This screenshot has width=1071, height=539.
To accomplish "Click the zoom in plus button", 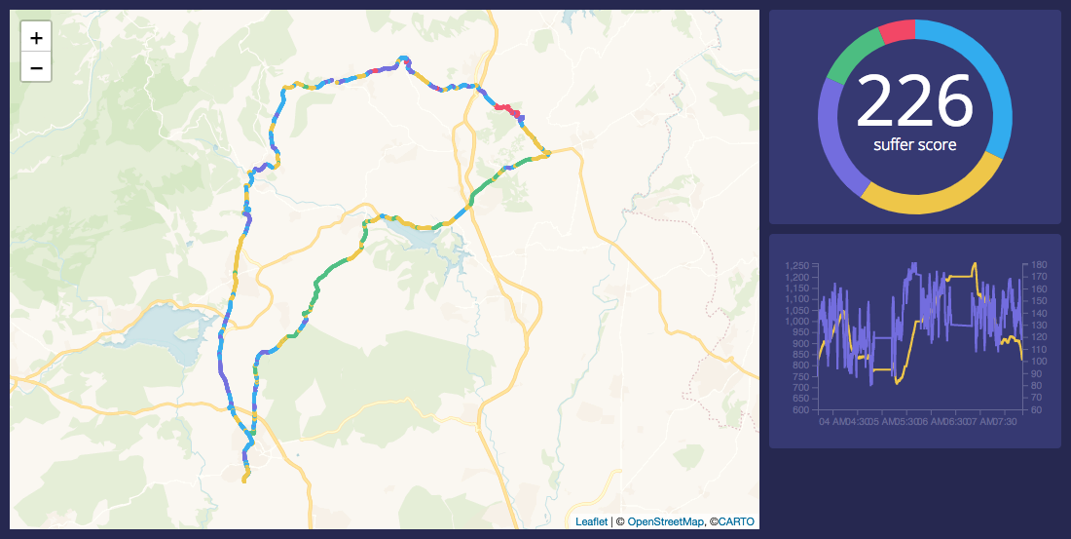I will tap(36, 38).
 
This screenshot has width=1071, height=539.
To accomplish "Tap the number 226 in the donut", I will tap(914, 100).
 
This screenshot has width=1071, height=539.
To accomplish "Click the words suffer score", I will tap(914, 145).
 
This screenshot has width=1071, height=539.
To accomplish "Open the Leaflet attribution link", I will tap(591, 521).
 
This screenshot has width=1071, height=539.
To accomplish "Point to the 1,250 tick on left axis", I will tap(796, 265).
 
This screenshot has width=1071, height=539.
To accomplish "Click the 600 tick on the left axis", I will tap(801, 410).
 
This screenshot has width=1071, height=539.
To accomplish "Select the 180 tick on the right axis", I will tap(1038, 265).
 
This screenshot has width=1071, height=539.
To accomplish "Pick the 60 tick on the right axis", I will tap(1035, 410).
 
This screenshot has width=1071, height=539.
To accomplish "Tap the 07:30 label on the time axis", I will tap(1010, 422).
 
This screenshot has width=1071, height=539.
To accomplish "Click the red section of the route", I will tap(505, 108).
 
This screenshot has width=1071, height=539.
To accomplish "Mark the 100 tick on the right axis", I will tap(1038, 362).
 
